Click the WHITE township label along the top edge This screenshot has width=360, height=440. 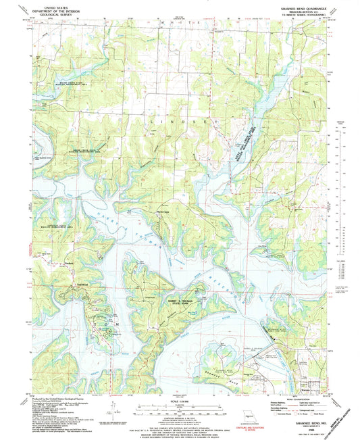pos(179,22)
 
